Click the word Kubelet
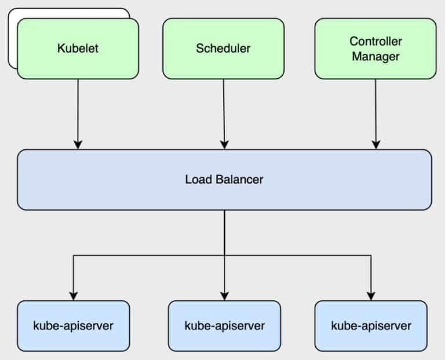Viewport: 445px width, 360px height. (78, 48)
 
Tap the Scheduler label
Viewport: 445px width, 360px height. (223, 48)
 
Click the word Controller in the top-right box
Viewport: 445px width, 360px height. (375, 42)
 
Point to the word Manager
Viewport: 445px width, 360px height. (375, 56)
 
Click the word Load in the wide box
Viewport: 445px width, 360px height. (196, 179)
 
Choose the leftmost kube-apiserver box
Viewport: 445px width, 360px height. (73, 325)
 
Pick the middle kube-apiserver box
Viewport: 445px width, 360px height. (224, 325)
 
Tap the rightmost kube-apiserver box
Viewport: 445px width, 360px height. (371, 325)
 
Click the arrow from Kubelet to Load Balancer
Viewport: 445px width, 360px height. (78, 113)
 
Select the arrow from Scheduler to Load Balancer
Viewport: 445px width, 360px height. (224, 113)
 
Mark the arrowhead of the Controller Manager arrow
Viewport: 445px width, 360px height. (375, 145)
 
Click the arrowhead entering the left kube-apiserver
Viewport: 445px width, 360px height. (73, 295)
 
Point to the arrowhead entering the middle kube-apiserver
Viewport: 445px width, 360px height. (224, 295)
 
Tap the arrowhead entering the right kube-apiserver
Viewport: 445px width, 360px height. (371, 295)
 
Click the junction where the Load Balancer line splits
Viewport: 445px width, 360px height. (224, 255)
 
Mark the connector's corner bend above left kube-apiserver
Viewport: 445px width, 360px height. (73, 255)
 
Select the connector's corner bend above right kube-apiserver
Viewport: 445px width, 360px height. (371, 255)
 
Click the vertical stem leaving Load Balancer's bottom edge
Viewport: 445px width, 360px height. (224, 232)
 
